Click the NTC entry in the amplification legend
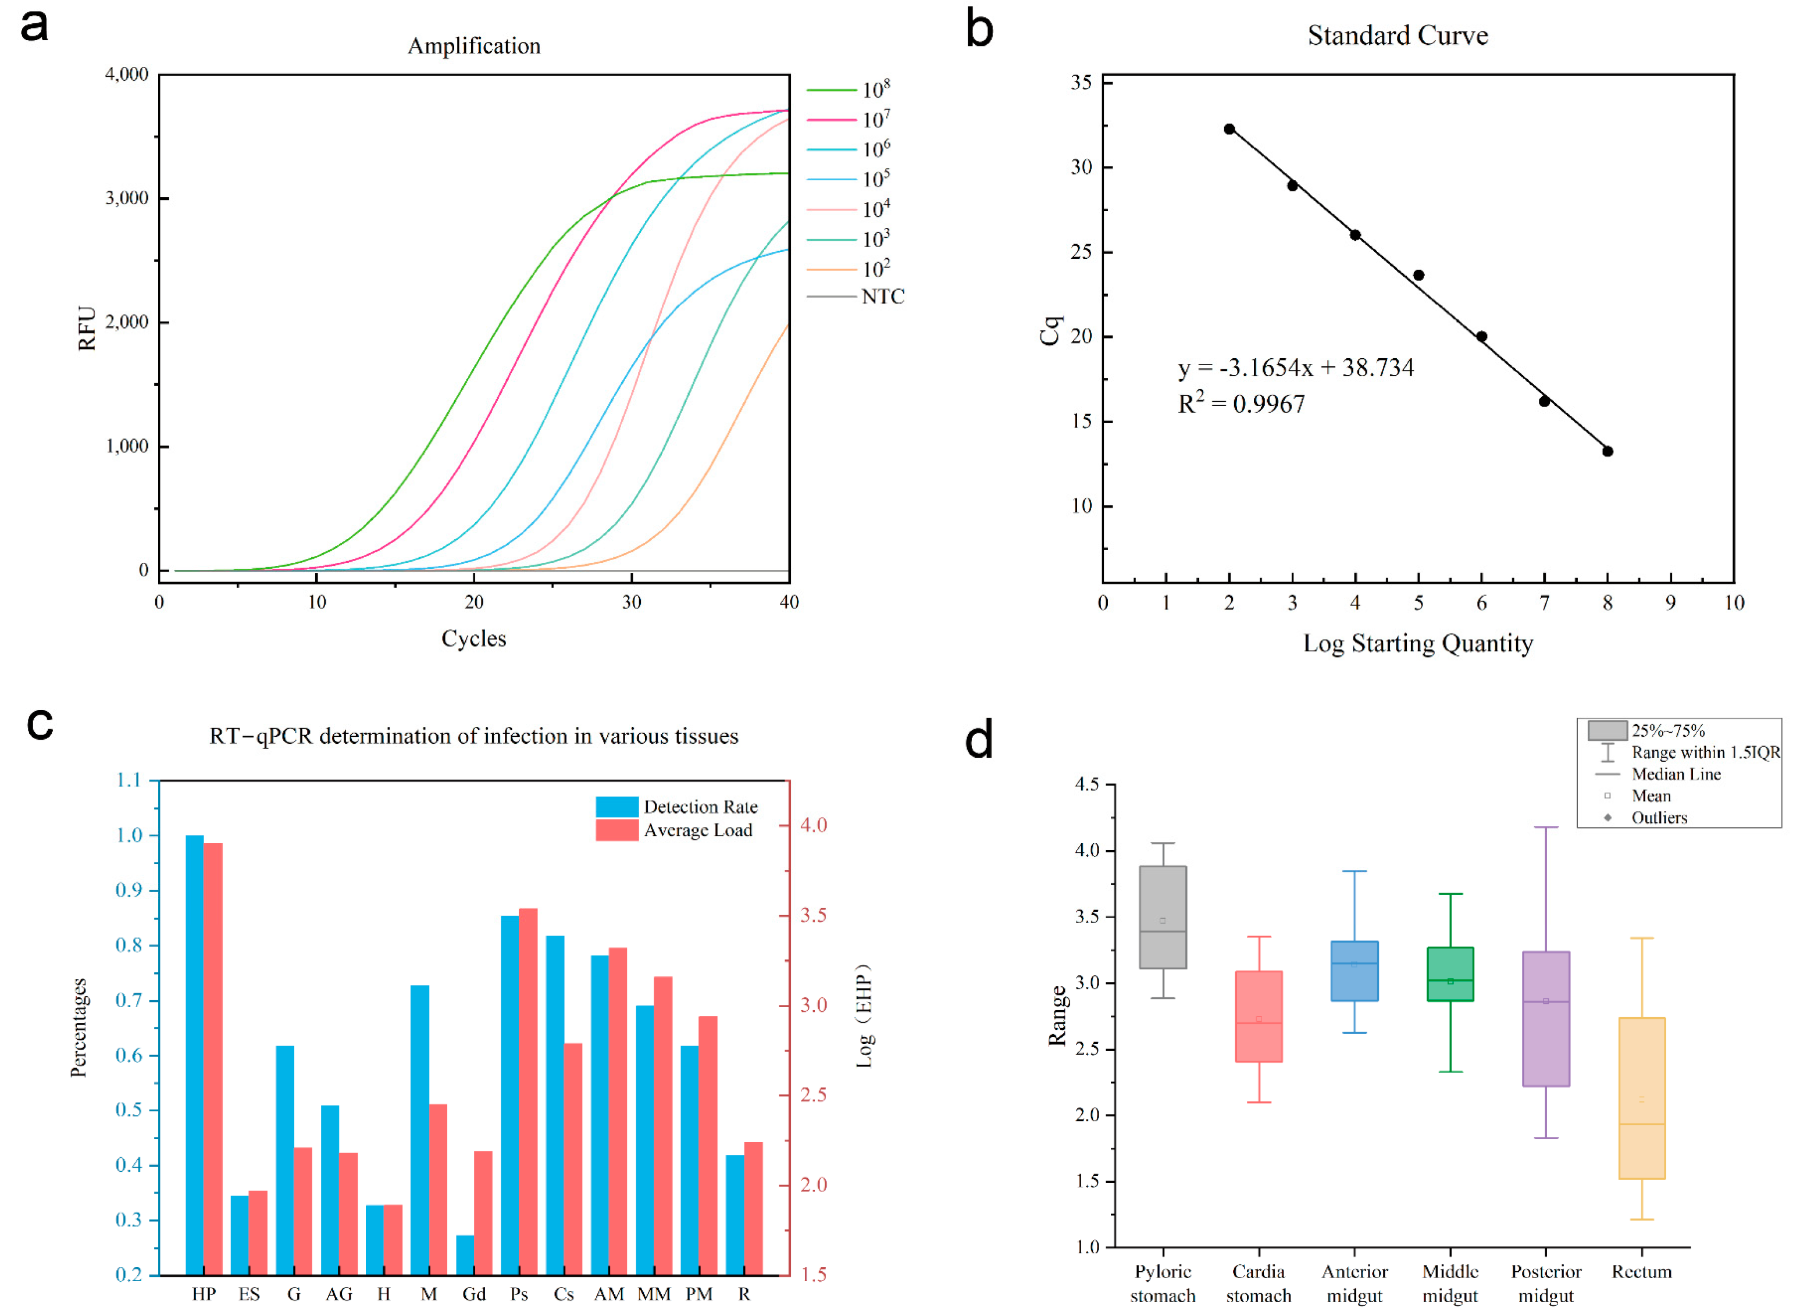click(882, 297)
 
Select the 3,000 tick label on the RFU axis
click(127, 198)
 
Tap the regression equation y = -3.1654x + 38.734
click(1296, 368)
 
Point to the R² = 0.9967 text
click(1241, 405)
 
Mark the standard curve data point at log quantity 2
click(1229, 129)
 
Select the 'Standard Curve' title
click(1397, 36)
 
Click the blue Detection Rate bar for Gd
click(465, 1255)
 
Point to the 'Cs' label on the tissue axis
click(564, 1294)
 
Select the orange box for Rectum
click(1641, 1099)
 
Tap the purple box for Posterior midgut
click(1546, 1019)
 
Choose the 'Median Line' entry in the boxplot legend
click(1676, 774)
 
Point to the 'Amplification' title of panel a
click(474, 46)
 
